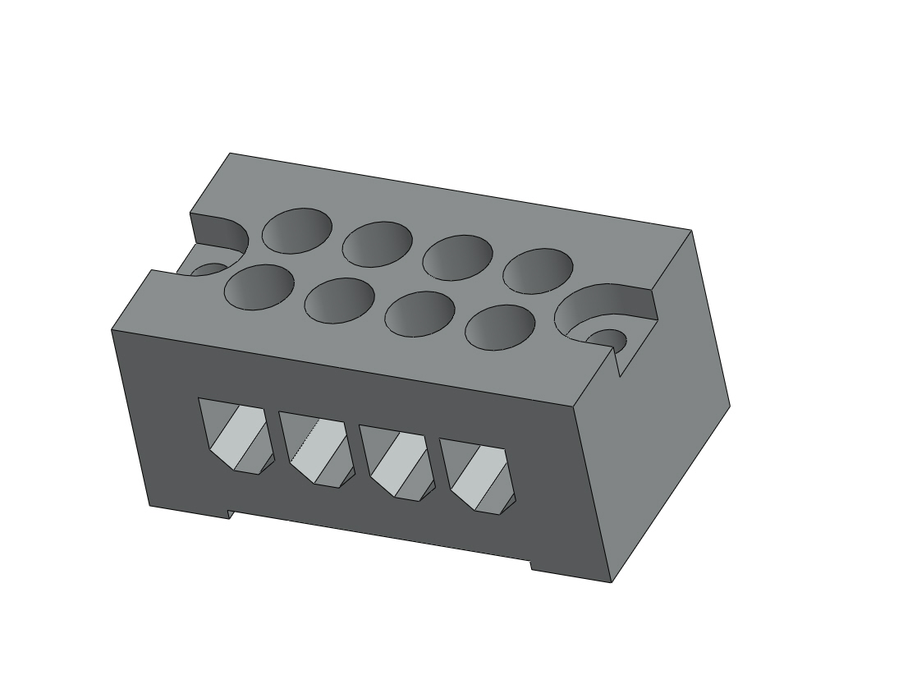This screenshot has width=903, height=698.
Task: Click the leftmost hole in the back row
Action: [297, 231]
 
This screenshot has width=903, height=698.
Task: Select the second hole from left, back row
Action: [377, 244]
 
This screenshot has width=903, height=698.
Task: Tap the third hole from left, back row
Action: [457, 257]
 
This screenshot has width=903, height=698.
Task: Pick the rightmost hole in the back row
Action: [538, 270]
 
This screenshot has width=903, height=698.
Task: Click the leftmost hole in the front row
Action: [258, 287]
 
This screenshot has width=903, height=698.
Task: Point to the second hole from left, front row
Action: [339, 301]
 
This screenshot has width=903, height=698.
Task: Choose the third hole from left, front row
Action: [419, 314]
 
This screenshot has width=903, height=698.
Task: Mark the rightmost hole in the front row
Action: [500, 327]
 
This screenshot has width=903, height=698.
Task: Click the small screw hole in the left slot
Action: [210, 270]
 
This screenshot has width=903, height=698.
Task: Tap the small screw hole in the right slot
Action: [607, 338]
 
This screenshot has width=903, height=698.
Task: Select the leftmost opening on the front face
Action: [236, 436]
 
